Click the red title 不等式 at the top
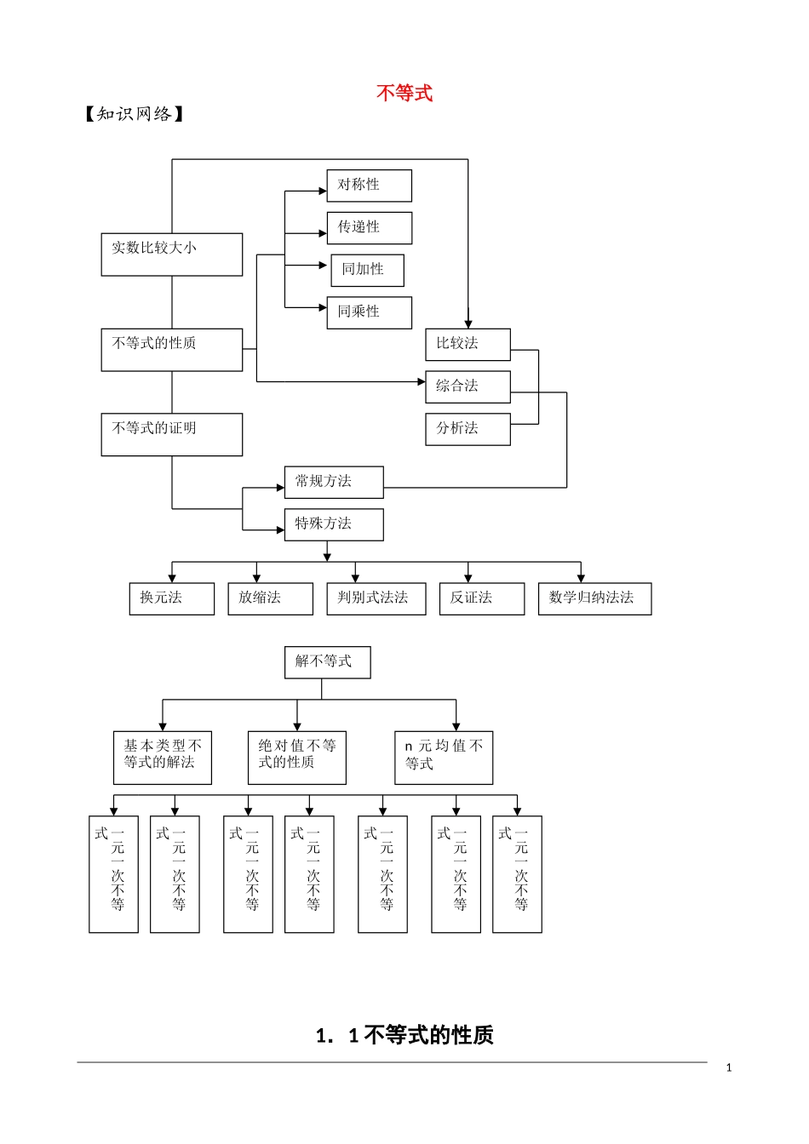point(404,93)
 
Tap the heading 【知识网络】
point(134,114)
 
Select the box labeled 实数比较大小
point(172,254)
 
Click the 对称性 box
point(369,186)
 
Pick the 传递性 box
point(369,228)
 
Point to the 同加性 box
point(367,270)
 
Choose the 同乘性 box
point(369,312)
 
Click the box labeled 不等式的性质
point(172,349)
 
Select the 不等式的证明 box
point(172,434)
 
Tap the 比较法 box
point(468,344)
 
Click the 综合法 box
point(468,386)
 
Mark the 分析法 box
point(468,429)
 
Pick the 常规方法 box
point(334,482)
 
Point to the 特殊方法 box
point(334,524)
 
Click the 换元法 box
point(171,598)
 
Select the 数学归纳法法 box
point(594,598)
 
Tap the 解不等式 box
point(327,662)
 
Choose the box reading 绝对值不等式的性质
point(296,757)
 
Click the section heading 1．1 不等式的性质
point(404,1035)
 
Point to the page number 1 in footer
point(729,1067)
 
